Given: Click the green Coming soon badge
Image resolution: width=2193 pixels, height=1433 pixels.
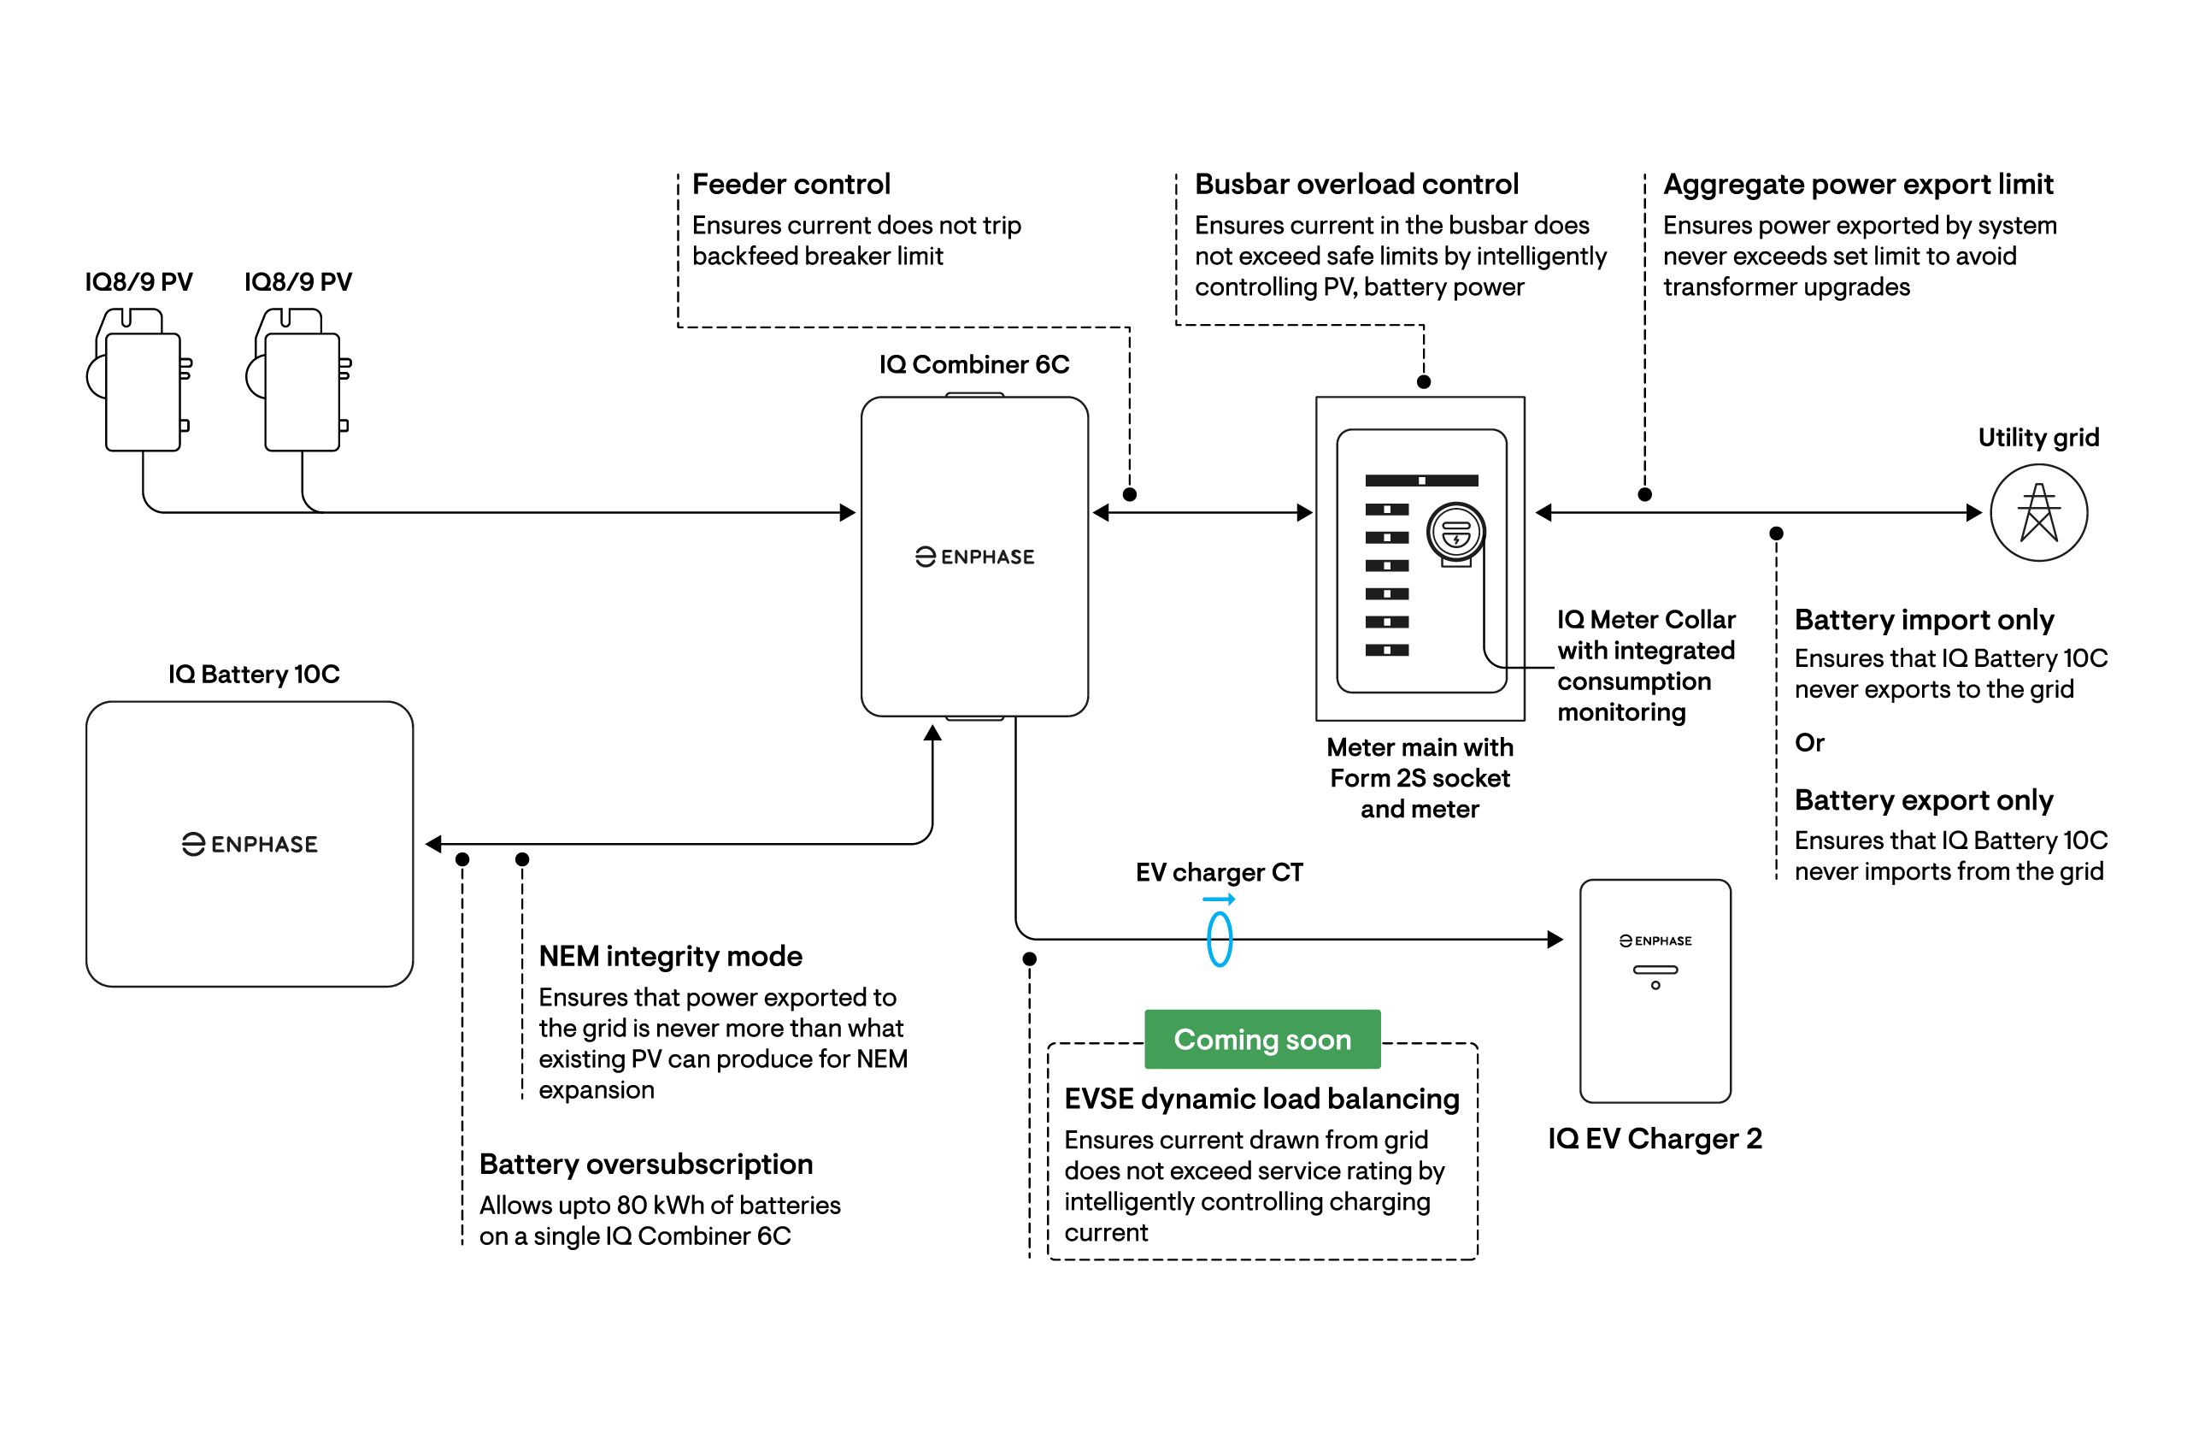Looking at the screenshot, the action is pos(1261,1039).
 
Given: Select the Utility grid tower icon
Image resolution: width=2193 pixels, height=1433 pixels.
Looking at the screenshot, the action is pos(2038,512).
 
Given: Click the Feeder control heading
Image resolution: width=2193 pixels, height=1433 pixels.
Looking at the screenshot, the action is pos(791,185).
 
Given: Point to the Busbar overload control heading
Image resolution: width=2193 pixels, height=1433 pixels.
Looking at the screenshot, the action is pos(1356,185).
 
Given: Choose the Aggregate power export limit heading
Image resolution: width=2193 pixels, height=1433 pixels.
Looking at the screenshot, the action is pos(1858,185).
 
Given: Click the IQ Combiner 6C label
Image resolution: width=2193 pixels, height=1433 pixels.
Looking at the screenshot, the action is pos(974,364).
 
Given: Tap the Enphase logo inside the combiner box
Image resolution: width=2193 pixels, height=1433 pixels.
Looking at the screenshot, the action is pos(974,557).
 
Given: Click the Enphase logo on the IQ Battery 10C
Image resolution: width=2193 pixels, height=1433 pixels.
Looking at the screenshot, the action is pos(250,844).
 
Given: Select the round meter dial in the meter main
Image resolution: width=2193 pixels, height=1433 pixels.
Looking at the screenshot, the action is pos(1455,532).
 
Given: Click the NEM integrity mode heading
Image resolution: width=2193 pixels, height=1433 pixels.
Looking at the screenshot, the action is pos(670,956).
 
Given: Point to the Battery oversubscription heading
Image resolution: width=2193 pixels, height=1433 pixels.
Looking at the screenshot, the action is pos(646,1164).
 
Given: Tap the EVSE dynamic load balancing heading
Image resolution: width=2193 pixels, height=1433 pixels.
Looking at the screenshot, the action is pos(1261,1099).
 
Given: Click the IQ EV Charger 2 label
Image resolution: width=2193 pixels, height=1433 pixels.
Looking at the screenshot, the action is pos(1655,1138).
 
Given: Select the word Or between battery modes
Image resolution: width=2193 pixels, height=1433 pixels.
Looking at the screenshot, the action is pos(1808,743).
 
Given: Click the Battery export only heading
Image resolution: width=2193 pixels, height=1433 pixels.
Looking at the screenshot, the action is pos(1924,800).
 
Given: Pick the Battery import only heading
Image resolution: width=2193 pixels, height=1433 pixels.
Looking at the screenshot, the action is pos(1924,619).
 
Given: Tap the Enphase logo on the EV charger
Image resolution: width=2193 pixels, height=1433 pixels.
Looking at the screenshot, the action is pos(1655,941).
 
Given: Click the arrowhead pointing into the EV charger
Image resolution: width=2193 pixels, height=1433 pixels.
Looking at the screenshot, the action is pos(1555,939).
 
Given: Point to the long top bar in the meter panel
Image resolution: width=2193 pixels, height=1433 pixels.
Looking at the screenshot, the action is pos(1422,481).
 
